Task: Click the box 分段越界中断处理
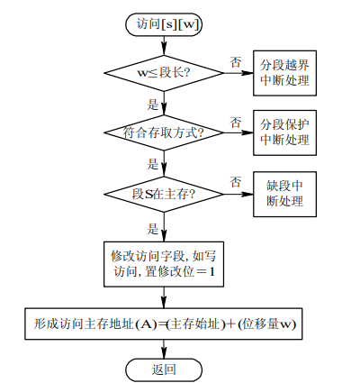(284, 73)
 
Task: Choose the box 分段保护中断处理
(284, 132)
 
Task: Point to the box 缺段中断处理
(284, 193)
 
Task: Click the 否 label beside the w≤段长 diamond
(235, 61)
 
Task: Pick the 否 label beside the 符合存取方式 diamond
(235, 122)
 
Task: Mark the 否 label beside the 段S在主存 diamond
(235, 182)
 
